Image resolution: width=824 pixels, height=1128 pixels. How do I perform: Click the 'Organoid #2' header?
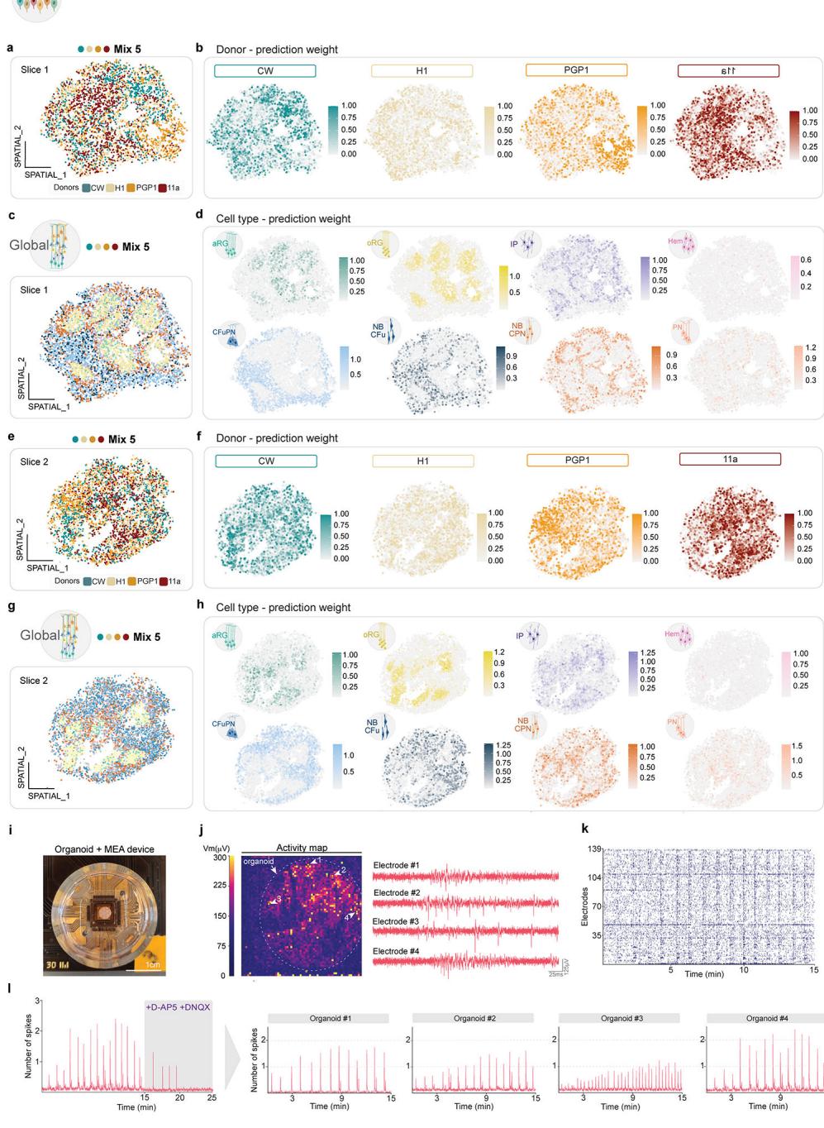point(473,1018)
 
